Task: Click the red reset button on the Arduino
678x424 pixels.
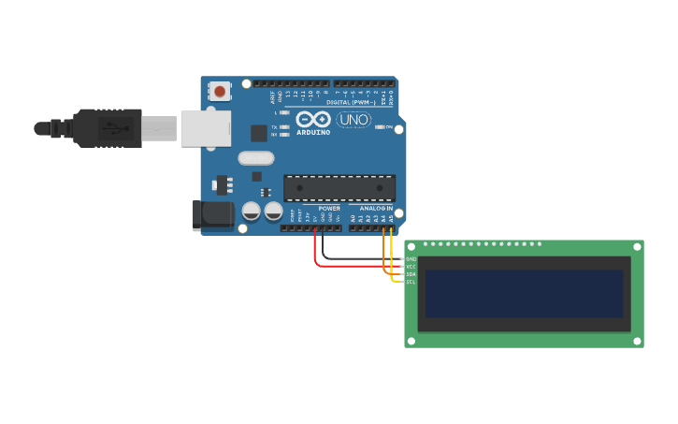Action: tap(220, 91)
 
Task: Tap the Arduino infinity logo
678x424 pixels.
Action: tap(313, 120)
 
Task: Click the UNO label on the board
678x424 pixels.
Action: tap(353, 120)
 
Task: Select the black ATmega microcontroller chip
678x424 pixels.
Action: tap(339, 188)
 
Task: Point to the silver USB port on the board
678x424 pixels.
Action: tap(206, 128)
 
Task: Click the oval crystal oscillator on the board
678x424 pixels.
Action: tap(256, 158)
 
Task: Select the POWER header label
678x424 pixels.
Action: tap(329, 208)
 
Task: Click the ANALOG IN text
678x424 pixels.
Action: tap(377, 208)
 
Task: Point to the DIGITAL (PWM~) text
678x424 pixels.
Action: tap(352, 101)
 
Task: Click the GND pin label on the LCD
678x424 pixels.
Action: tap(411, 258)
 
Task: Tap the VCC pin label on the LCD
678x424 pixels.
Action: tap(411, 266)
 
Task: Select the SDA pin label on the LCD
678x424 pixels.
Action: tap(411, 273)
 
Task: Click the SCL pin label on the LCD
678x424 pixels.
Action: tap(411, 281)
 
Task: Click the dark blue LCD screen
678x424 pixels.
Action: tap(524, 294)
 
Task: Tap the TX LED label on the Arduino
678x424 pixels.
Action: tap(275, 126)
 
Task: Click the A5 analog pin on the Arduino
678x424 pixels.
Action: tap(391, 227)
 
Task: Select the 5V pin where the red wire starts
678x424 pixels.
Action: tap(315, 227)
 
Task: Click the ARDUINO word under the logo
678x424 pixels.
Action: tap(313, 132)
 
